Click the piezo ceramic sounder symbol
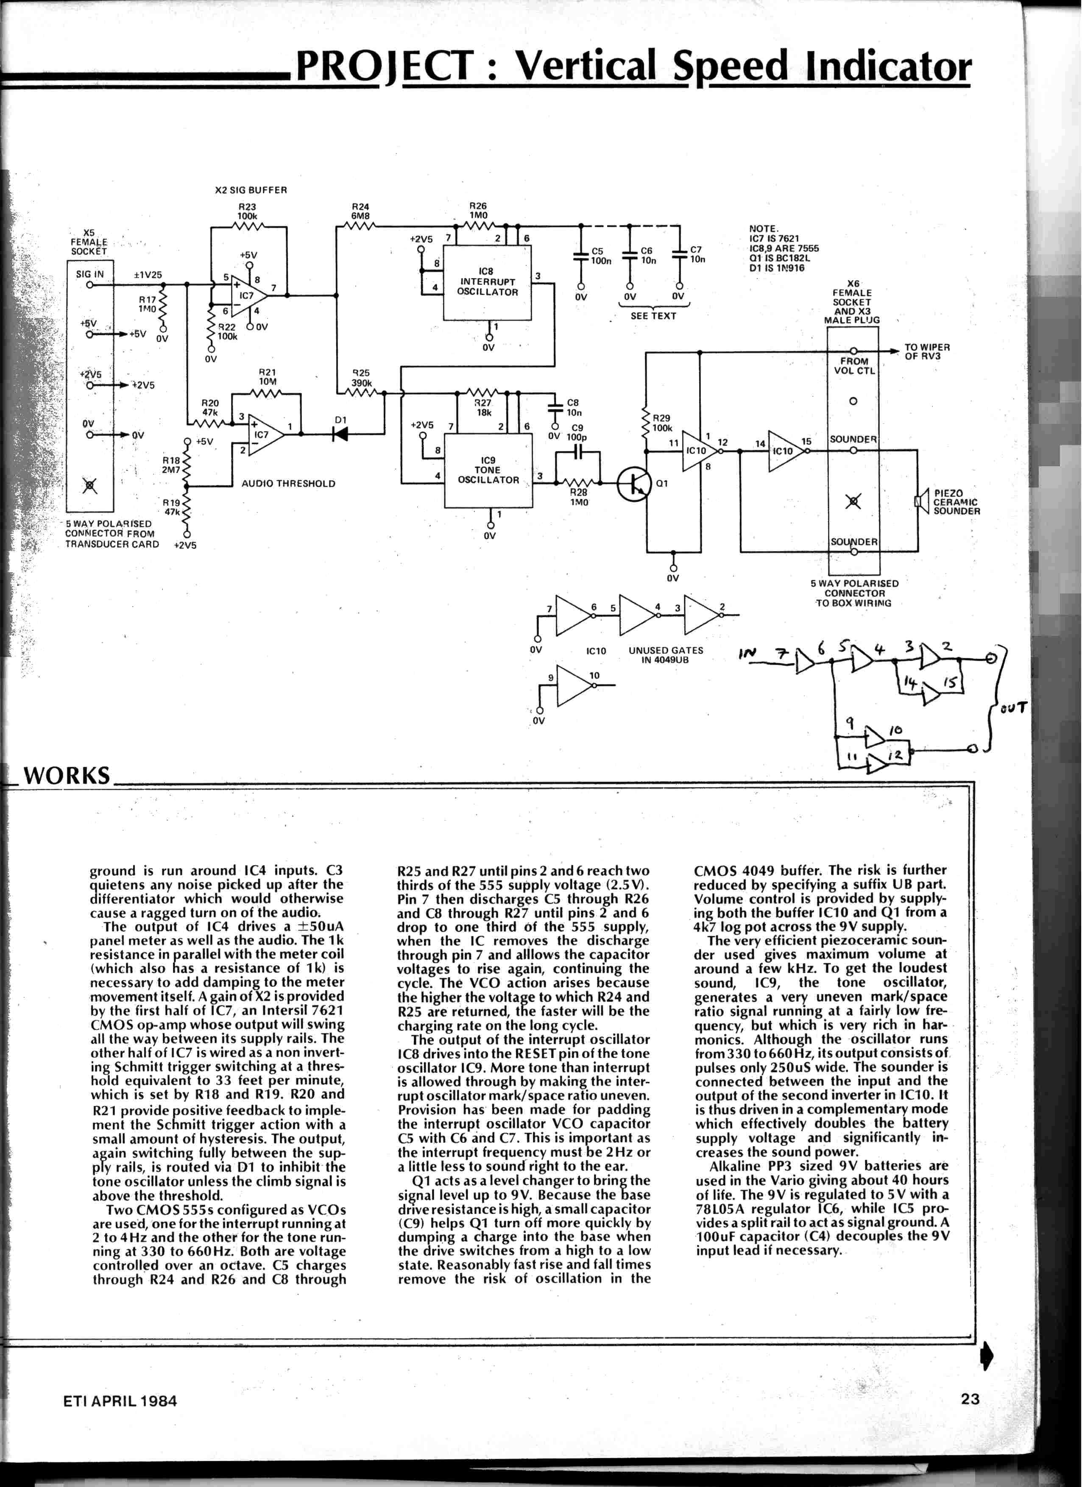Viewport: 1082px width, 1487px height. point(921,501)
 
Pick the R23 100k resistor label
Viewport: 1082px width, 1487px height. point(247,211)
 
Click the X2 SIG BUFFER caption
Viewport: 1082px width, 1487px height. point(251,190)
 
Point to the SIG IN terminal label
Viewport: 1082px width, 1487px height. point(90,274)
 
